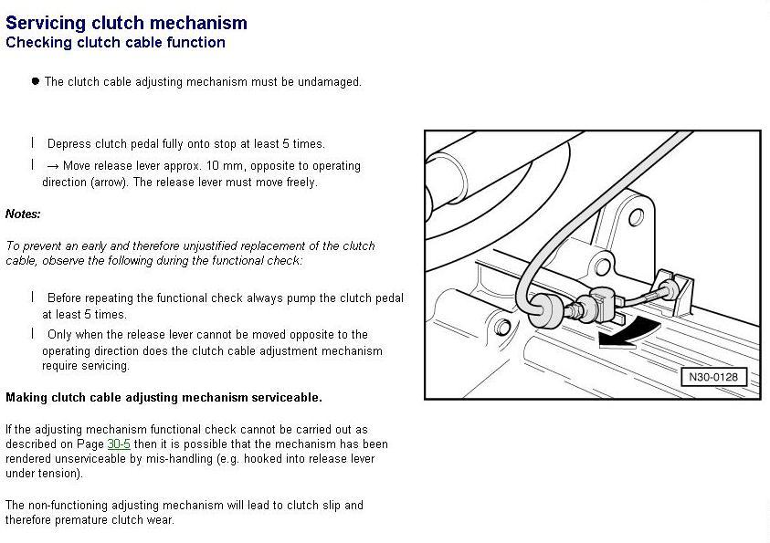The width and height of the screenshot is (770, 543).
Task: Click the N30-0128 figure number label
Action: pyautogui.click(x=712, y=377)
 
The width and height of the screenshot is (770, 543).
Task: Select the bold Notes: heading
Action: pyautogui.click(x=23, y=214)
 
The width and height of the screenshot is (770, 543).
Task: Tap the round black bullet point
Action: pyautogui.click(x=36, y=81)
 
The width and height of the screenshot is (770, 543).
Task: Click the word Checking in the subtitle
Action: pyautogui.click(x=35, y=43)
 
